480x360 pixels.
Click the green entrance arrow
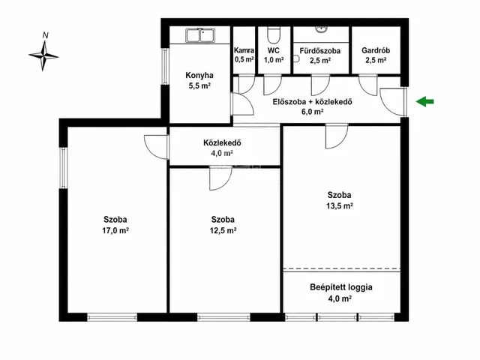(x=425, y=102)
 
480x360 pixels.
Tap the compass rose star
(x=43, y=55)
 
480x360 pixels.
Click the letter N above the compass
(x=45, y=35)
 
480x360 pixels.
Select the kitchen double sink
(x=200, y=35)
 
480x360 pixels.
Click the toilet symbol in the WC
(x=273, y=35)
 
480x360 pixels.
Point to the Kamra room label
(x=244, y=50)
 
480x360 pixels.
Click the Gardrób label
(x=376, y=50)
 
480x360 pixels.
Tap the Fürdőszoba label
(x=320, y=50)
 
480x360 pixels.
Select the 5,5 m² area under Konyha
(x=199, y=85)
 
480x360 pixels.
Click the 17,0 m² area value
(x=115, y=230)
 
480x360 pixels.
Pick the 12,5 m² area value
(x=223, y=230)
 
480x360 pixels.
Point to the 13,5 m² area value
(x=340, y=205)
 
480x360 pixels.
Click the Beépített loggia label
(x=341, y=287)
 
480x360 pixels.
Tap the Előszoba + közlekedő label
(x=312, y=102)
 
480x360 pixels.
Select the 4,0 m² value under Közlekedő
(x=222, y=153)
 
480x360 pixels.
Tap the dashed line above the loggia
(x=342, y=268)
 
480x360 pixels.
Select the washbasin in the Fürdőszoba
(x=321, y=29)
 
